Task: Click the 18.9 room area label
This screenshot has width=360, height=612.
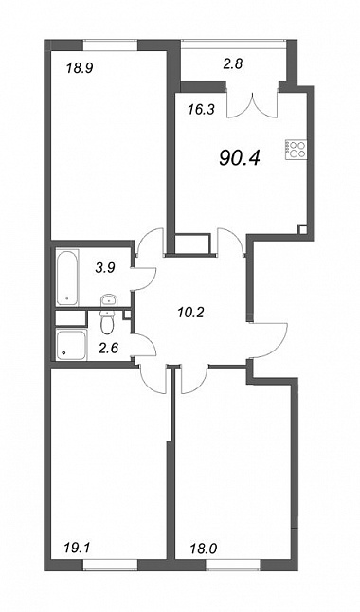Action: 79,69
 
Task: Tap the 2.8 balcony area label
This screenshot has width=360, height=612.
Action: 233,63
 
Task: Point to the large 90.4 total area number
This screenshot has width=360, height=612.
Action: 240,157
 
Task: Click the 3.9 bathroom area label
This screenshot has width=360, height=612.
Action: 105,268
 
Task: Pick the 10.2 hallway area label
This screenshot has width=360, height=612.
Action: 190,312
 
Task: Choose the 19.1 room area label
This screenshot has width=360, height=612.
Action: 77,549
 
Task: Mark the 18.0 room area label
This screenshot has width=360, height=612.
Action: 203,549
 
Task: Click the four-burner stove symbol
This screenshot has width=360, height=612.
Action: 296,149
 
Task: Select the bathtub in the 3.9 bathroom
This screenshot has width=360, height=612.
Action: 67,278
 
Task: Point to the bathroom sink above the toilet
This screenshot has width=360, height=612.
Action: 108,301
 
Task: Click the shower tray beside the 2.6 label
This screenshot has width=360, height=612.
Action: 71,345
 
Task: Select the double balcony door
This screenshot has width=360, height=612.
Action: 253,104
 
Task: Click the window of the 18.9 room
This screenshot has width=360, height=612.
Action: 111,45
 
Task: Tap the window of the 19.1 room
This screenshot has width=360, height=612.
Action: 111,566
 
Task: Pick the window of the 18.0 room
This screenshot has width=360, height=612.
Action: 233,566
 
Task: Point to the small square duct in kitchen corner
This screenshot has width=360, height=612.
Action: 302,229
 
